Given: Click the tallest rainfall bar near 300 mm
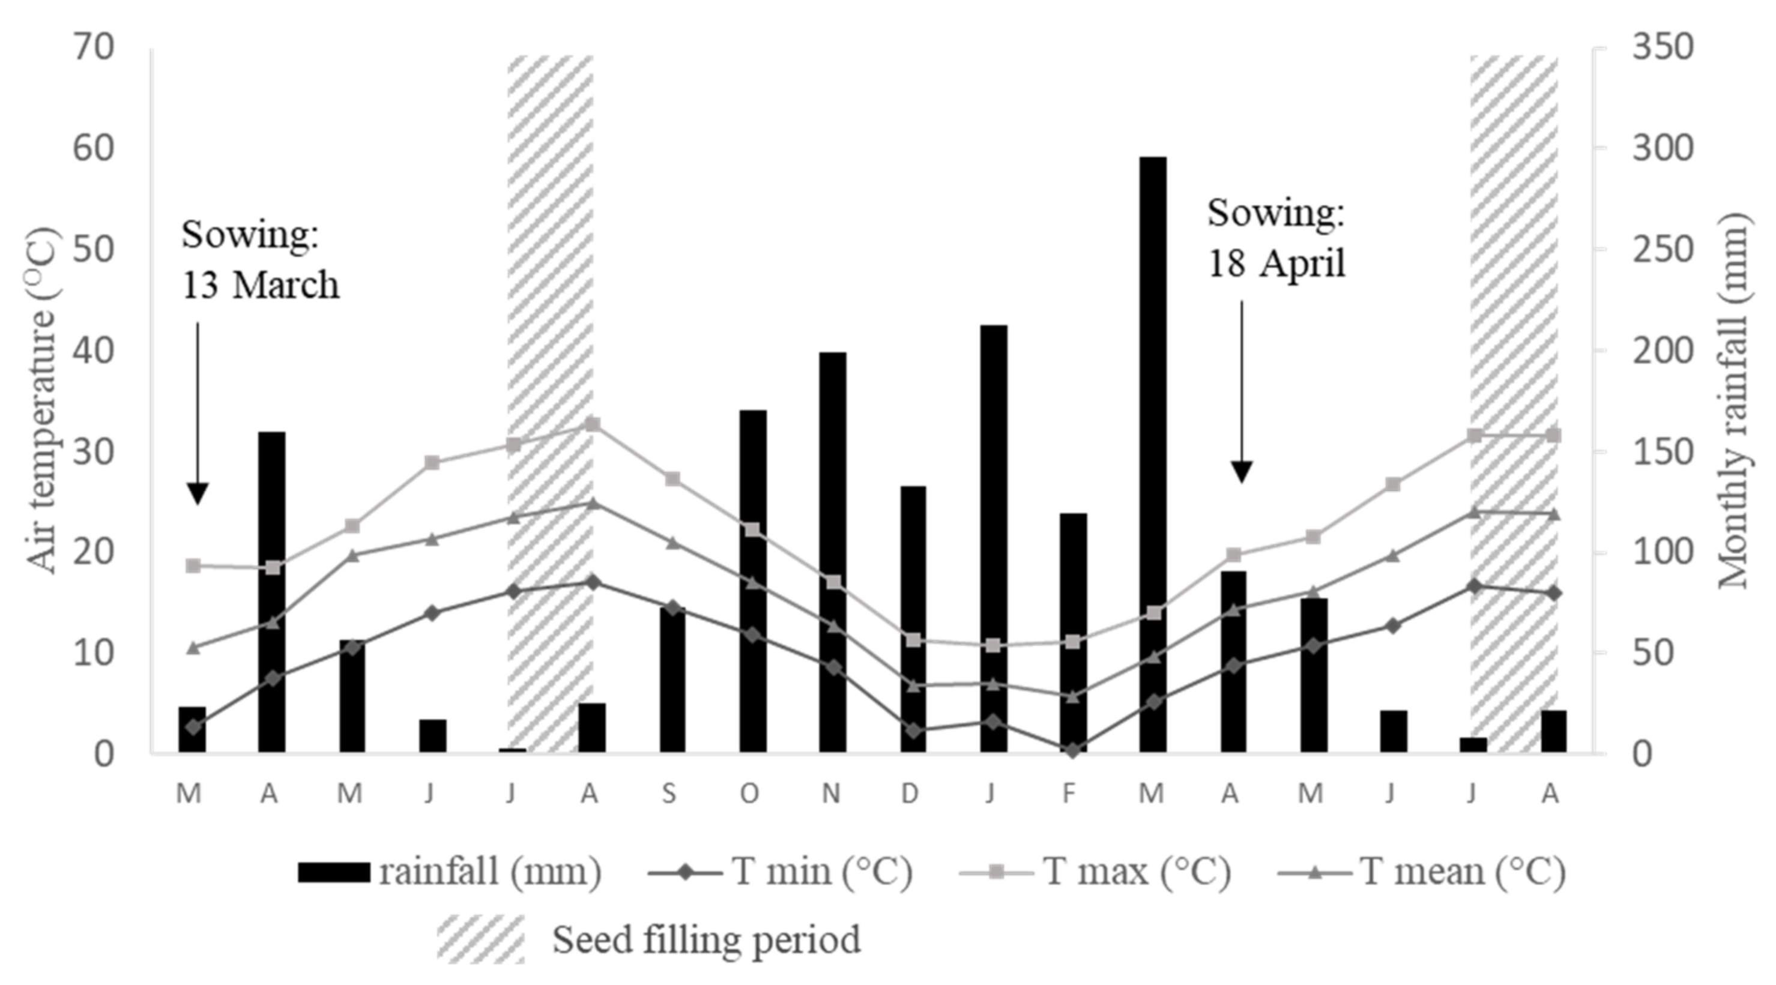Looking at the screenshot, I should (1152, 455).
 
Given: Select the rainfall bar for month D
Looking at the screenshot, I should (913, 621).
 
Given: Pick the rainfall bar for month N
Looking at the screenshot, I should (833, 552).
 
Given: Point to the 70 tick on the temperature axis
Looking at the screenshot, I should (94, 48).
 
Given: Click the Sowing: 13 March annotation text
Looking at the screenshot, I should (260, 260).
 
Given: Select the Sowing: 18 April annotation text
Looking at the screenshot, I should (1276, 238).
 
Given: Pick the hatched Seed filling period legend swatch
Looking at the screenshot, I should (480, 939).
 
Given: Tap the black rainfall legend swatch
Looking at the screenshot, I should (334, 872).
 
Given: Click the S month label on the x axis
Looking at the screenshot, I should (669, 794).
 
